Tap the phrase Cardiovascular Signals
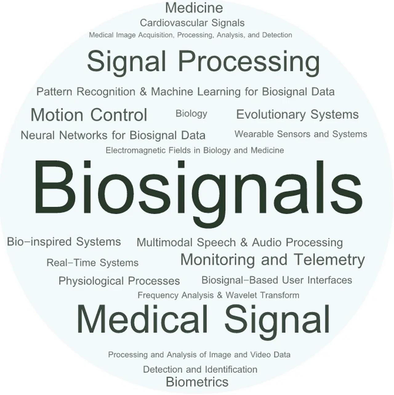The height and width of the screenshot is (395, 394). coord(192,23)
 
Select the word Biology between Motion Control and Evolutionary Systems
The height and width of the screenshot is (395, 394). coord(191,114)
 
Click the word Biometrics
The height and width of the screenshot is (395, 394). coord(197,382)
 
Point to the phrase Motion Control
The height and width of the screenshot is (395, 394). coord(89,115)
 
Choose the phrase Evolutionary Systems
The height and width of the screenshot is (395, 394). coord(298,114)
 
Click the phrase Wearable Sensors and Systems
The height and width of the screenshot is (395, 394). coord(301,134)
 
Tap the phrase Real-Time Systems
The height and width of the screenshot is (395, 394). coord(93,263)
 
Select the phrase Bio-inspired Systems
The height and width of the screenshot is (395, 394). coord(64,242)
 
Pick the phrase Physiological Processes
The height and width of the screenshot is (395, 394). coord(119,281)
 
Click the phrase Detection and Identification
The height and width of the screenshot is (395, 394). coord(200,369)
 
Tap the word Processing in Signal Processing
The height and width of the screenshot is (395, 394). coord(249,62)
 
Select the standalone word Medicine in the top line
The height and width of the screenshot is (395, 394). coord(194,8)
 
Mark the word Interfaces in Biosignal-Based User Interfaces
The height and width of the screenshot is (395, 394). coord(330,280)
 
